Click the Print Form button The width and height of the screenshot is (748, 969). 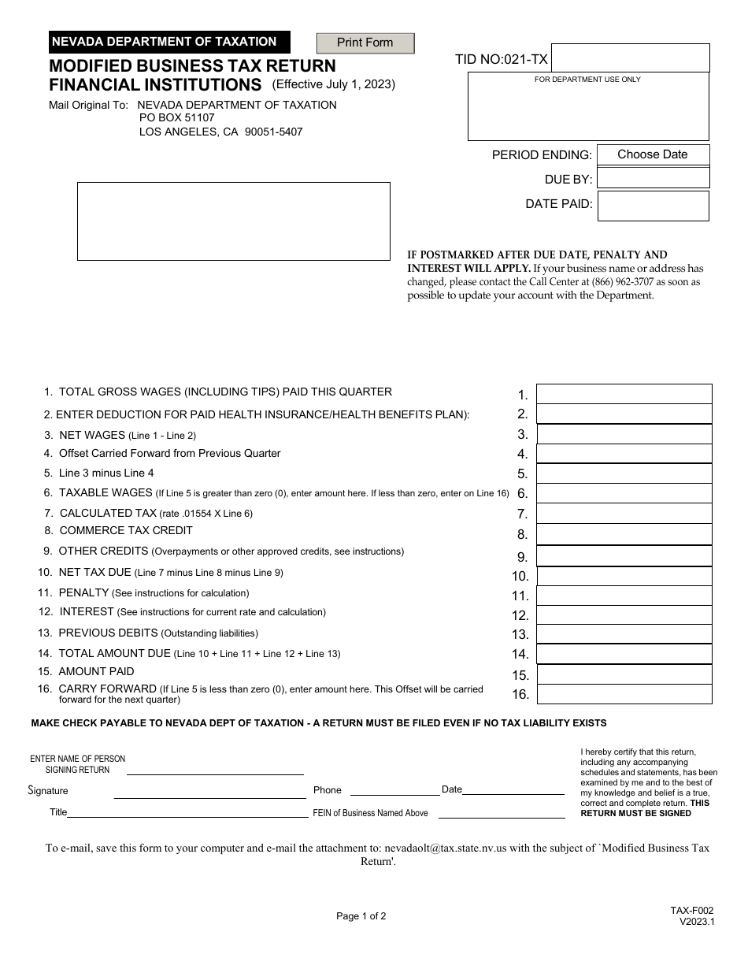365,43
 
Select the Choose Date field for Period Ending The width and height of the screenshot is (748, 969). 653,154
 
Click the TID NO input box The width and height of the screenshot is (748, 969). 630,58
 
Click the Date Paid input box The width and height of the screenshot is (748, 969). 653,206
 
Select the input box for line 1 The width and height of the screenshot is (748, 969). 624,394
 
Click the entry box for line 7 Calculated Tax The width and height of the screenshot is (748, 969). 624,514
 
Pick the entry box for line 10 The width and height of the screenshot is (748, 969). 624,576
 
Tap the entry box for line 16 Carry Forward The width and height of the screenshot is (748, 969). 624,694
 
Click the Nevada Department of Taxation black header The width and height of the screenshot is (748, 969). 168,42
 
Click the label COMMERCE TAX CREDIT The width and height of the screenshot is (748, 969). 126,531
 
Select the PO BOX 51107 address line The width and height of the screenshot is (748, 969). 176,118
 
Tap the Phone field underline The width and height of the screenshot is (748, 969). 394,794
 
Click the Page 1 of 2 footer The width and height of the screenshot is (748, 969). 361,916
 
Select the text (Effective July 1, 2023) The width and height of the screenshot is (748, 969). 334,84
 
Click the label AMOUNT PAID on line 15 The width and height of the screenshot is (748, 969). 96,672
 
